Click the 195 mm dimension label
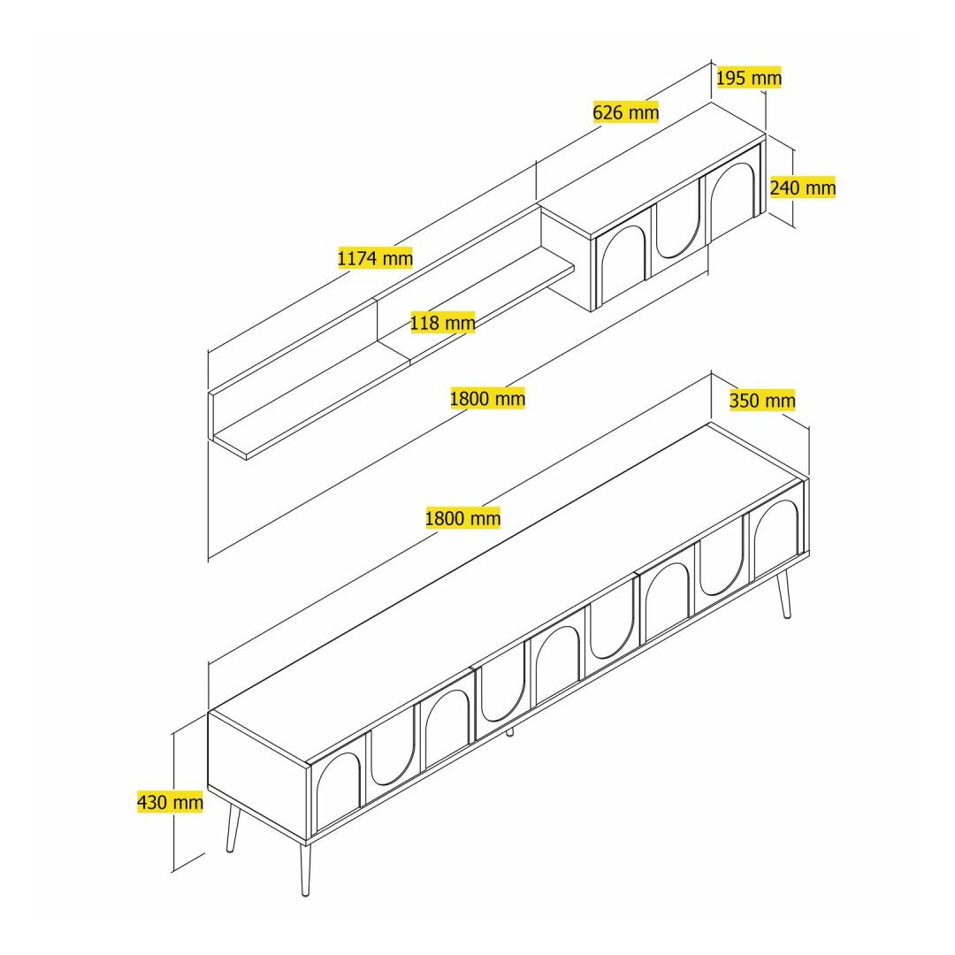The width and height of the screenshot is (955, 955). [x=749, y=77]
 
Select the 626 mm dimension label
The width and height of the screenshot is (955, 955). [x=625, y=112]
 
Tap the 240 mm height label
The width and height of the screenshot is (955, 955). [x=802, y=187]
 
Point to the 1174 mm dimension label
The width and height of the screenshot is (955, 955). [x=375, y=258]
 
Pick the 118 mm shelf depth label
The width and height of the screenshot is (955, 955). [x=442, y=322]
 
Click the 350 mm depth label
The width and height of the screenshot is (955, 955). [x=762, y=401]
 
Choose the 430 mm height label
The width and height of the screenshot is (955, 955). [x=170, y=802]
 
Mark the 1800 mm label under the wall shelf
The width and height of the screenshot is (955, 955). [x=487, y=398]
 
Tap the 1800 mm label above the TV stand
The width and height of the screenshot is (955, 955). [x=462, y=518]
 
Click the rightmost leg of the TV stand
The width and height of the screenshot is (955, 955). [x=783, y=594]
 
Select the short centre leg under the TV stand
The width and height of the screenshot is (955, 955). [x=510, y=731]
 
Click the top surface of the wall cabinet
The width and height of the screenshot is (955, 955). [x=653, y=172]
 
